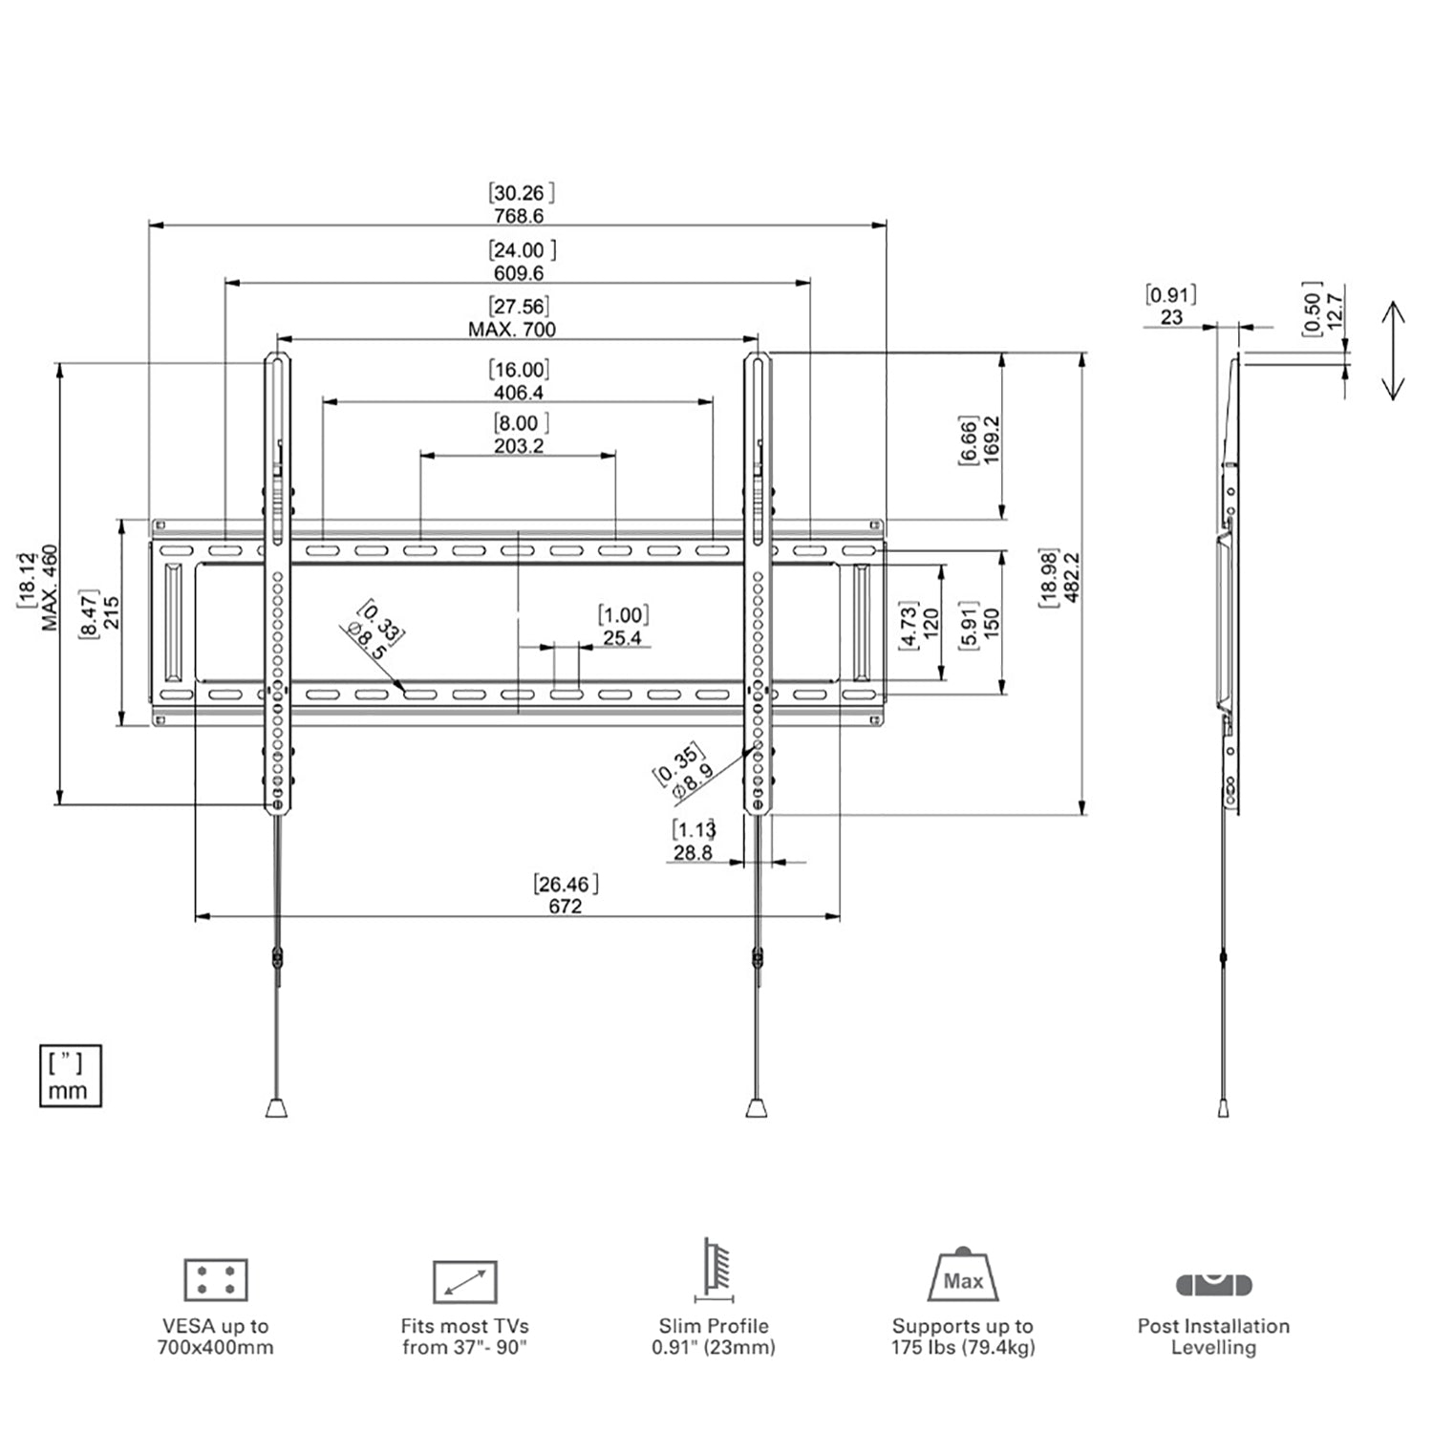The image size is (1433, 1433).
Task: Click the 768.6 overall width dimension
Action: [x=519, y=216]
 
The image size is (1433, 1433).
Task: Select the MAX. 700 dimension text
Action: [x=512, y=330]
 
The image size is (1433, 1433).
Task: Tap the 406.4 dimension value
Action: [x=519, y=393]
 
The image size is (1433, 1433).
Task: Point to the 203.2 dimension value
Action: [x=519, y=446]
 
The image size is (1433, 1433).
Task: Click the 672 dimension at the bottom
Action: [x=565, y=906]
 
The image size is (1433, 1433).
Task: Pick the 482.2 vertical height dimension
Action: [x=1071, y=577]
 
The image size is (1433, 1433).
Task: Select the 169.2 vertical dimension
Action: [x=991, y=439]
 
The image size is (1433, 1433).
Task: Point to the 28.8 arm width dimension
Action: [x=693, y=852]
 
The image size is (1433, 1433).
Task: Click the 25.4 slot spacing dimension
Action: [x=622, y=637]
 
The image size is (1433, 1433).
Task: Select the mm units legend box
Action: [x=70, y=1077]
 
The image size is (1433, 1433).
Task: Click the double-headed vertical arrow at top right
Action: [x=1393, y=350]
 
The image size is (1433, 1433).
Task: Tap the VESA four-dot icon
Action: [x=216, y=1280]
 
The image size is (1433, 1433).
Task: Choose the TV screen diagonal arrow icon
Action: [x=464, y=1282]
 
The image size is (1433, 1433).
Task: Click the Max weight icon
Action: [x=962, y=1275]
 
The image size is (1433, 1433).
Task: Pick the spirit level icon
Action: [x=1213, y=1283]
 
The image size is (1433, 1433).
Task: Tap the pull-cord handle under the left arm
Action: [x=275, y=1107]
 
